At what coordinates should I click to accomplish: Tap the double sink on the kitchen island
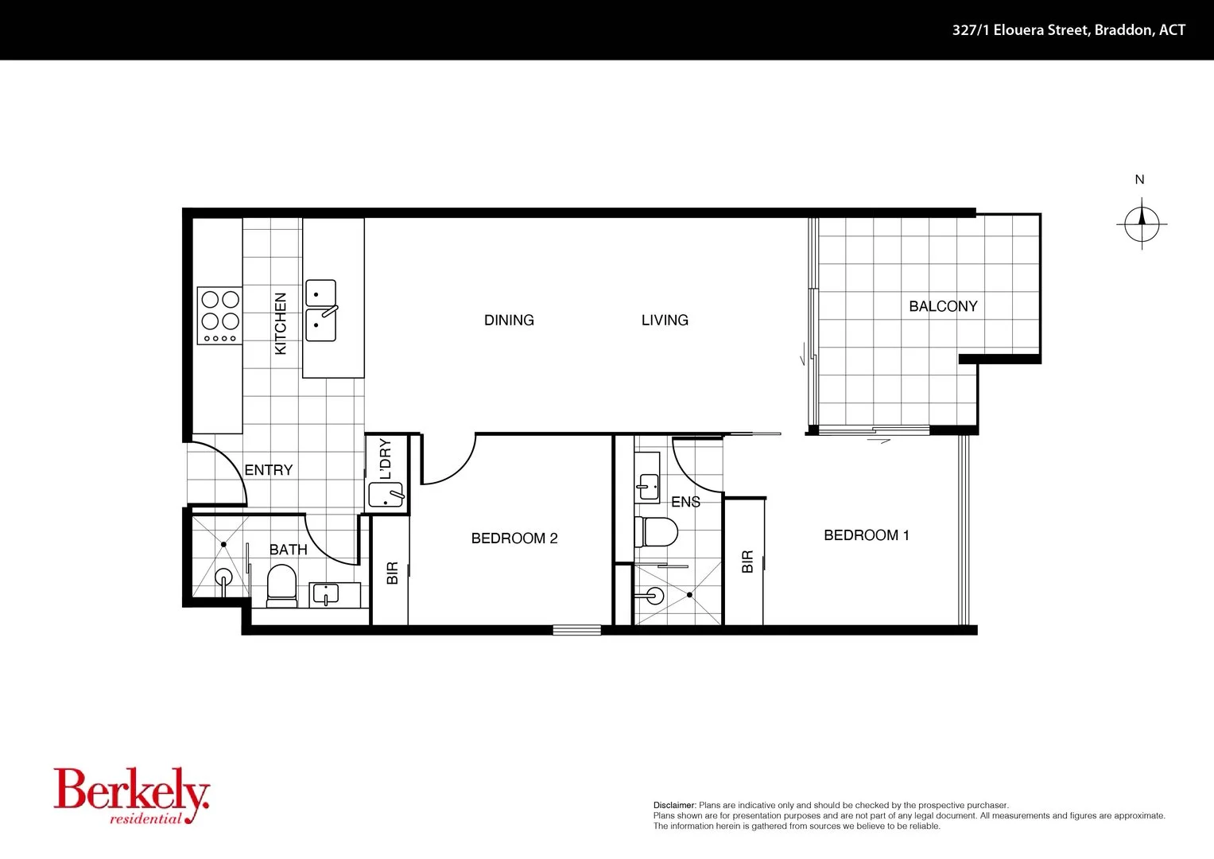click(321, 310)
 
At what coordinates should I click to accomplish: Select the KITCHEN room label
click(280, 324)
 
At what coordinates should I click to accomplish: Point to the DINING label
click(509, 321)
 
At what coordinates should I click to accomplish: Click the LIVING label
click(665, 321)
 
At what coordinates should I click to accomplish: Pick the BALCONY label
click(943, 306)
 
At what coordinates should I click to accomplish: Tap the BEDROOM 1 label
click(866, 535)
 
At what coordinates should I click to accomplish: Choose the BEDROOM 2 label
click(514, 538)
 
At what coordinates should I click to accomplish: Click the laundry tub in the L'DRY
click(386, 496)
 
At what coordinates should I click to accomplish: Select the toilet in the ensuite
click(657, 531)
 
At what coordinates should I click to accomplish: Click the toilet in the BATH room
click(281, 584)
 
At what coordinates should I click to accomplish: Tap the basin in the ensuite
click(648, 484)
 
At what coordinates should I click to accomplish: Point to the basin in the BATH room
click(326, 593)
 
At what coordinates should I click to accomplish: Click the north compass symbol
click(1142, 223)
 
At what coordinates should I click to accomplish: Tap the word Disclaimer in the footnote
click(674, 805)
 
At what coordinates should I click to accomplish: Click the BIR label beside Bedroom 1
click(747, 562)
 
